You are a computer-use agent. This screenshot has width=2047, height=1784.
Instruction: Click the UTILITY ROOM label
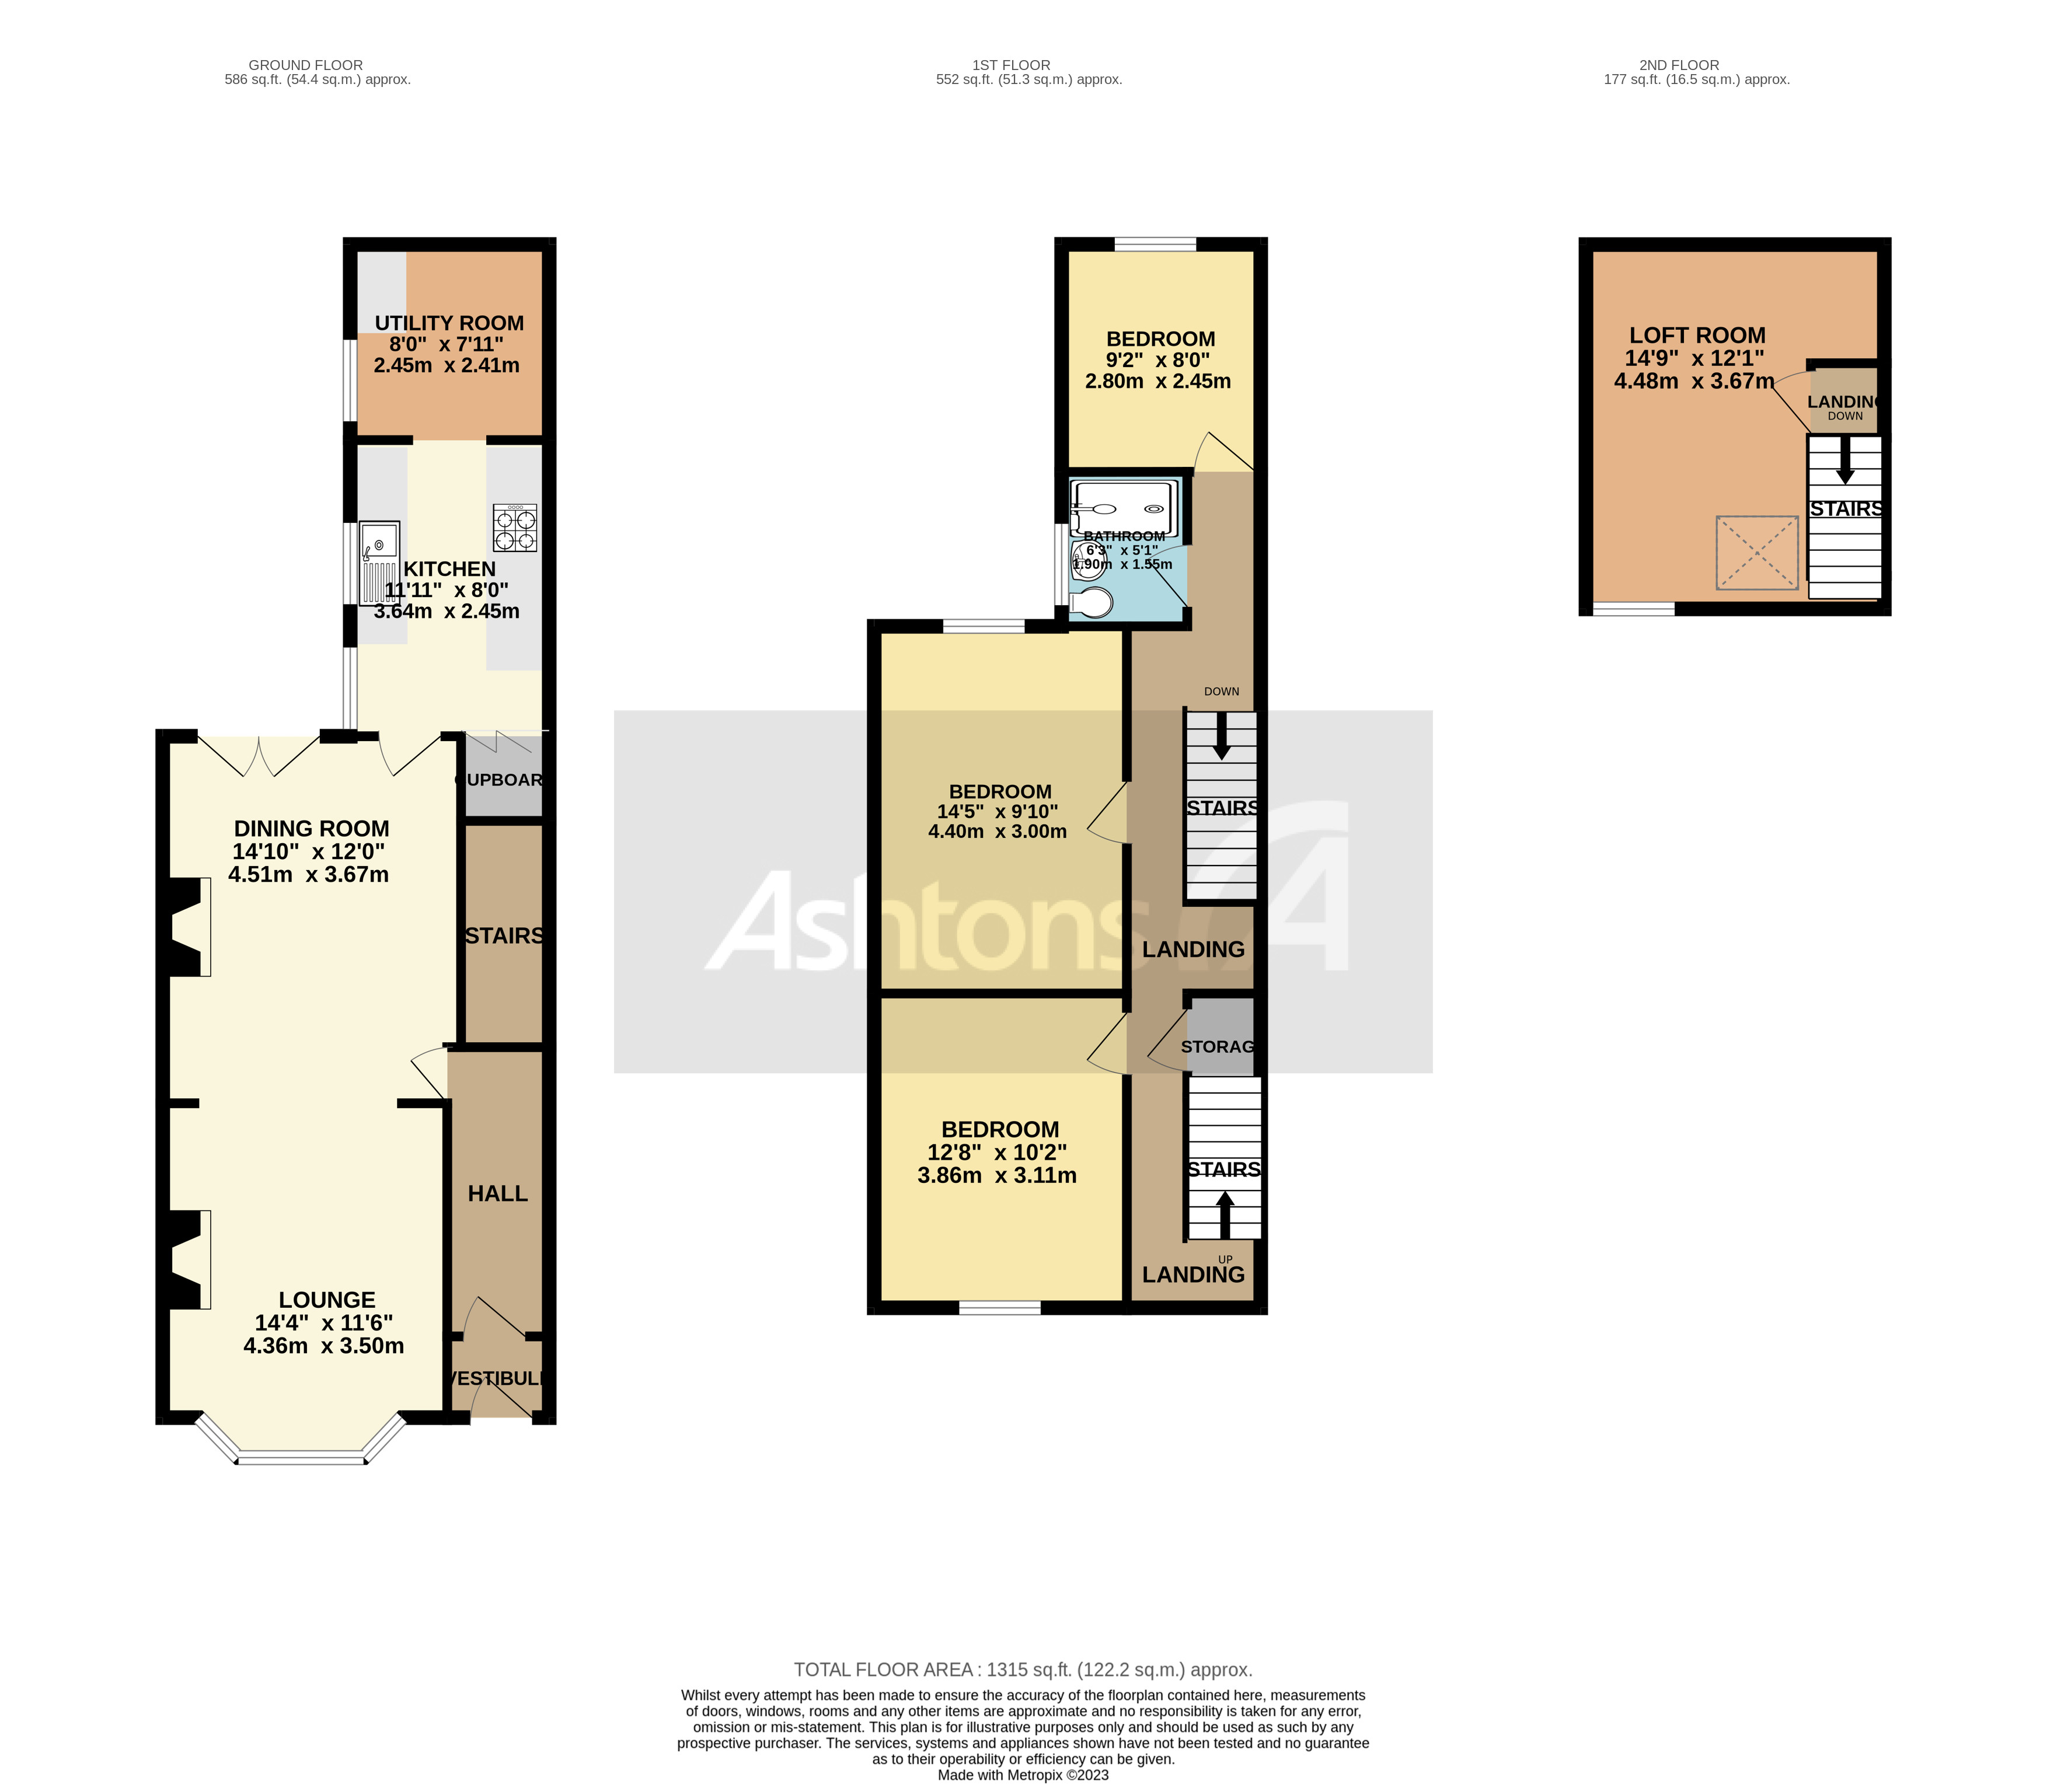[x=449, y=323]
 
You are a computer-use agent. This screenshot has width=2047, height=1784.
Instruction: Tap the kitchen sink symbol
[x=379, y=563]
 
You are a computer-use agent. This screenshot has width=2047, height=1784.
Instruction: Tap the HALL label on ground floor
[x=498, y=1193]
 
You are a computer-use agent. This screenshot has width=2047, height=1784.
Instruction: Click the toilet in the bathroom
[x=1092, y=602]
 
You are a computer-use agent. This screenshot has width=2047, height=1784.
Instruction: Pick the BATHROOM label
[x=1124, y=536]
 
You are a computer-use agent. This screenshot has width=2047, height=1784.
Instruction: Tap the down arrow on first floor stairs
[x=1220, y=742]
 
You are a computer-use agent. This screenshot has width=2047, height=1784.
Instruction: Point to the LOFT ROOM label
[x=1697, y=336]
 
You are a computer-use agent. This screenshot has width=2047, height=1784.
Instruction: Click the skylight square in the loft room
[x=1756, y=553]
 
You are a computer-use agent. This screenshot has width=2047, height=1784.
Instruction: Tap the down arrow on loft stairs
[x=1844, y=463]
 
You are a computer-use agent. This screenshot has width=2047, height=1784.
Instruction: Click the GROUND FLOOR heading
[x=306, y=65]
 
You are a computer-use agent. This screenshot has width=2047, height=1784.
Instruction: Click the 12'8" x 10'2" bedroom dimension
[x=996, y=1153]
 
